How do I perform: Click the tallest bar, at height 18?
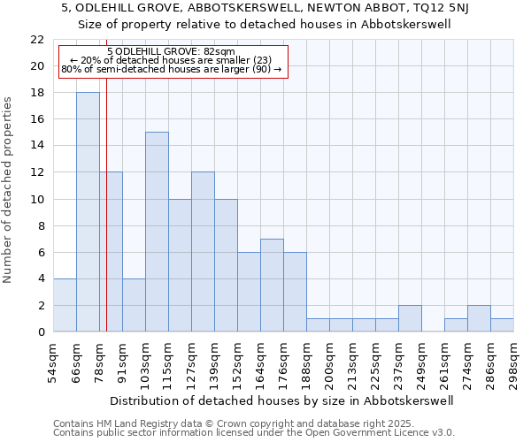click(88, 212)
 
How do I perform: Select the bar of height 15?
click(157, 232)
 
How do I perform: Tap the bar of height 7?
click(272, 285)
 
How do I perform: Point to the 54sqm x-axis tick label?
click(54, 361)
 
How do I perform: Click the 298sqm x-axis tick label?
click(514, 361)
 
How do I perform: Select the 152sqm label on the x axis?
click(238, 361)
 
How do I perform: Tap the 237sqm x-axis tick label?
click(399, 361)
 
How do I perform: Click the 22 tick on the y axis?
click(37, 40)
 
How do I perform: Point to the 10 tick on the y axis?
click(37, 199)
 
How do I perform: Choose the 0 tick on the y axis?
click(41, 332)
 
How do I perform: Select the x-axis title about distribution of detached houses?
click(283, 400)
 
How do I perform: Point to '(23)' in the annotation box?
click(244, 60)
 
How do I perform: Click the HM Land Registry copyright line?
click(221, 423)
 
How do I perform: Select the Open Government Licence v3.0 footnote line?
click(254, 432)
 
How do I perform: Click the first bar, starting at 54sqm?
click(65, 305)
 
